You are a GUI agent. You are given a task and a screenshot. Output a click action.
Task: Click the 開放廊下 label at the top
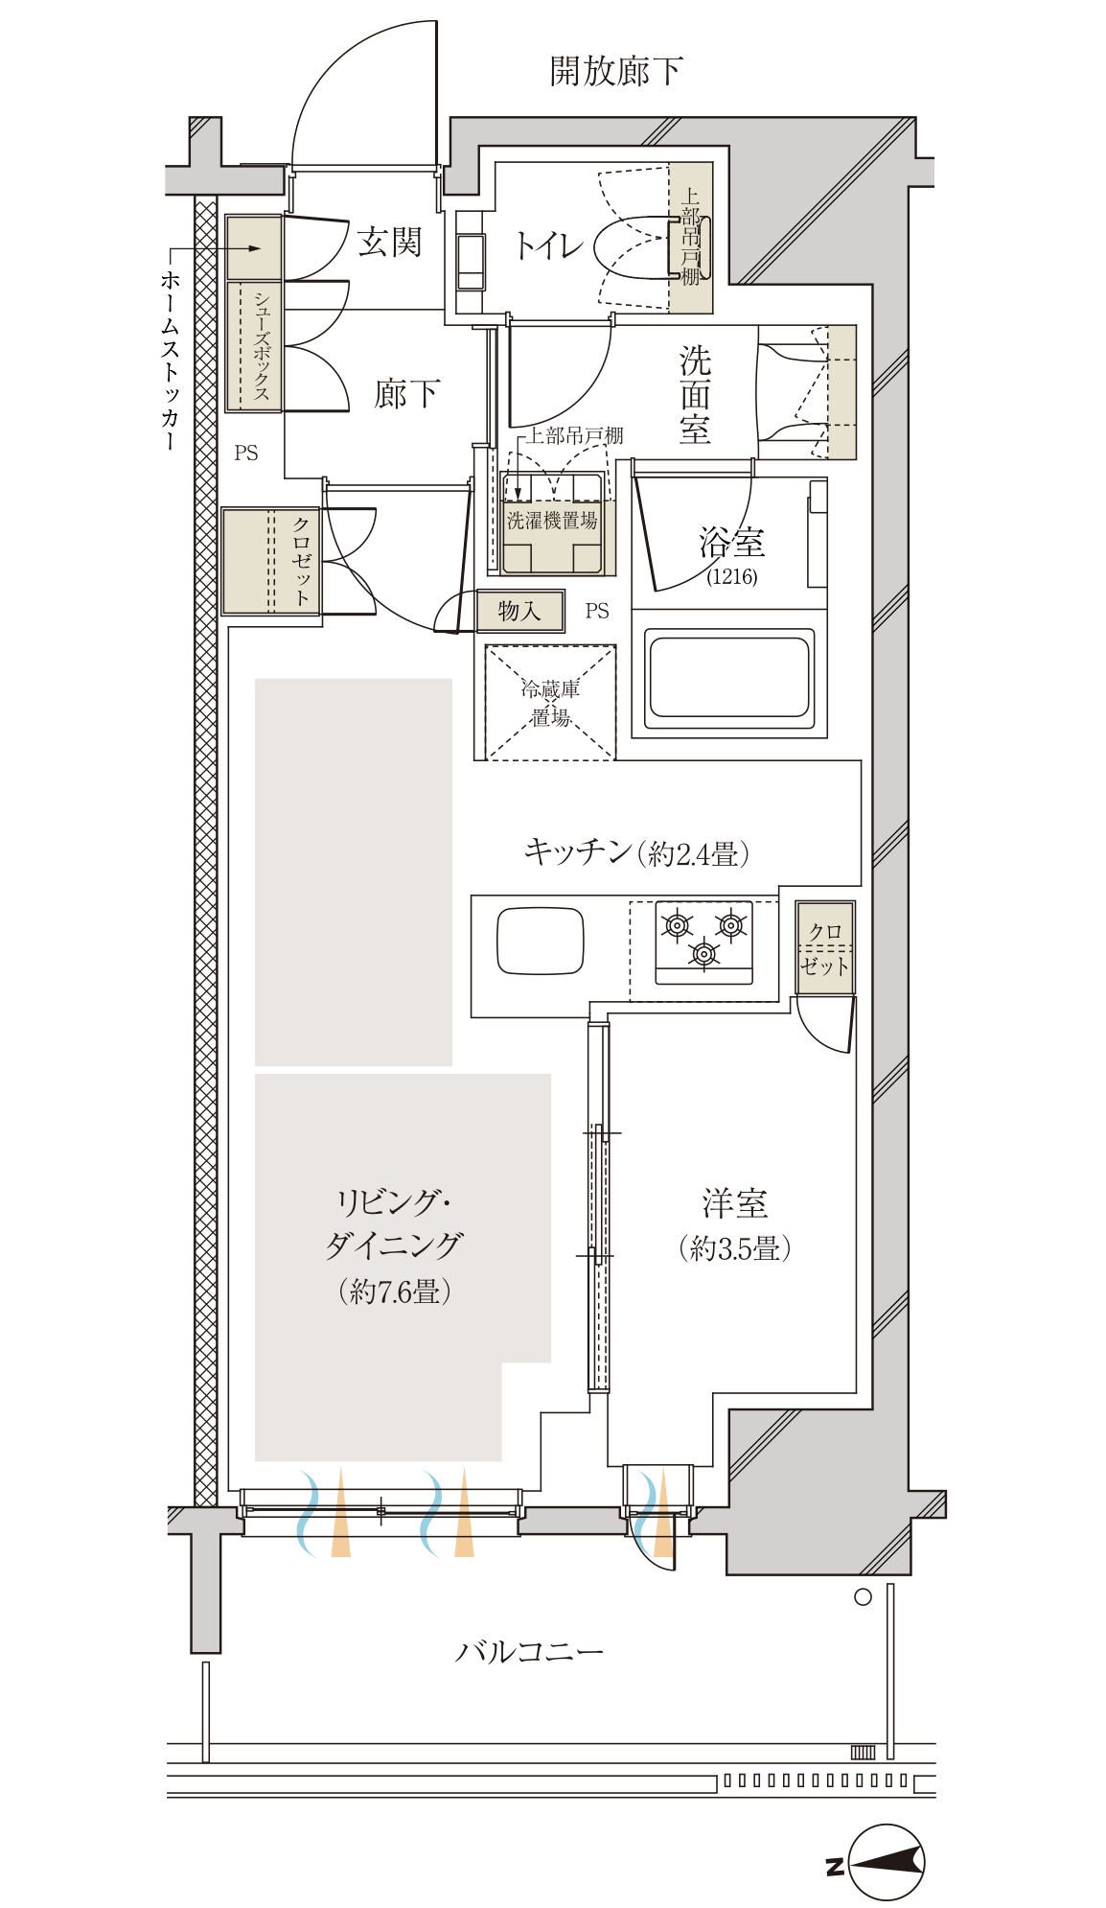pos(616,72)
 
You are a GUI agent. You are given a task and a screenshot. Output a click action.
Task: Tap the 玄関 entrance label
pos(389,242)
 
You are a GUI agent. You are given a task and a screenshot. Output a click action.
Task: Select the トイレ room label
pos(548,245)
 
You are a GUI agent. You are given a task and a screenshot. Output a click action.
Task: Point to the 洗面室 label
pos(695,394)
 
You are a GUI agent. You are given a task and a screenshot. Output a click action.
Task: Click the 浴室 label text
pos(732,542)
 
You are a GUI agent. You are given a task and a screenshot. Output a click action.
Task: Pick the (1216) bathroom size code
pos(732,576)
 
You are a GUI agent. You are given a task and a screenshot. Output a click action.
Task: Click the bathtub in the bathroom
pos(729,673)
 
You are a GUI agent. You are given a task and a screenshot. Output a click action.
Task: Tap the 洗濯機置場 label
pos(552,521)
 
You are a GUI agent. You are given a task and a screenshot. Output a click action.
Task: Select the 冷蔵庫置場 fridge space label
pos(550,703)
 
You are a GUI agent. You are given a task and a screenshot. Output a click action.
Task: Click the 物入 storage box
pos(520,611)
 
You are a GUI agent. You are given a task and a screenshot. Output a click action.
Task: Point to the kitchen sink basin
pos(541,940)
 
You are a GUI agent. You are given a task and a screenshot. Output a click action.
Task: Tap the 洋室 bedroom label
pos(734,1203)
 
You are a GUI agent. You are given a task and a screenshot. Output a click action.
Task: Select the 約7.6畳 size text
pos(394,1291)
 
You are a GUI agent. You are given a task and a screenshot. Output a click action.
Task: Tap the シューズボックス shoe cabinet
pos(254,346)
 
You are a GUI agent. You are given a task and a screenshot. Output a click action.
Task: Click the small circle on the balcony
pos(863,1597)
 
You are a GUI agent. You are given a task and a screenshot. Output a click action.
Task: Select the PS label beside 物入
pos(597,611)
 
